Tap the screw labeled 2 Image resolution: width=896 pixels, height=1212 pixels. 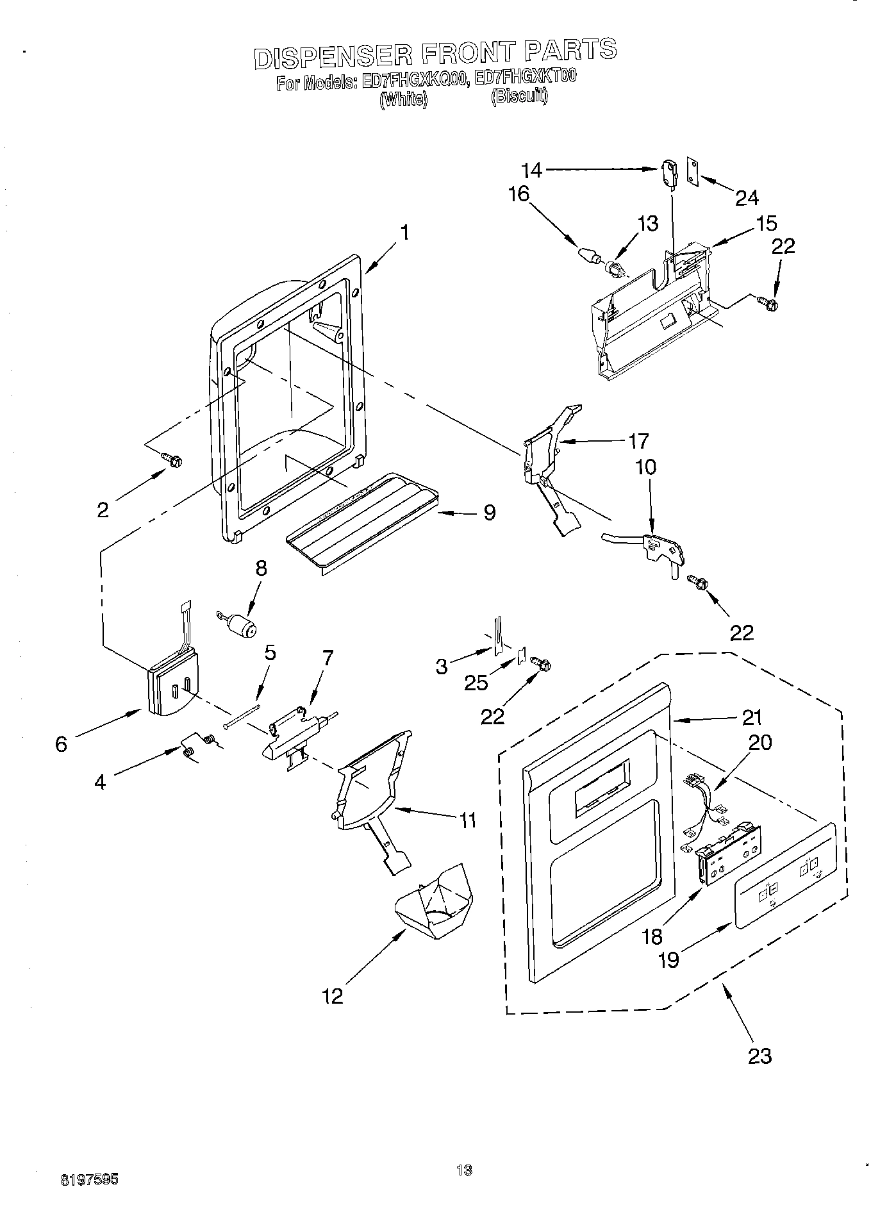tap(172, 459)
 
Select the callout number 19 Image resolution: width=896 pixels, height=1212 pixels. tap(668, 959)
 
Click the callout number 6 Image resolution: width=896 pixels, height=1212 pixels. tap(61, 744)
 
